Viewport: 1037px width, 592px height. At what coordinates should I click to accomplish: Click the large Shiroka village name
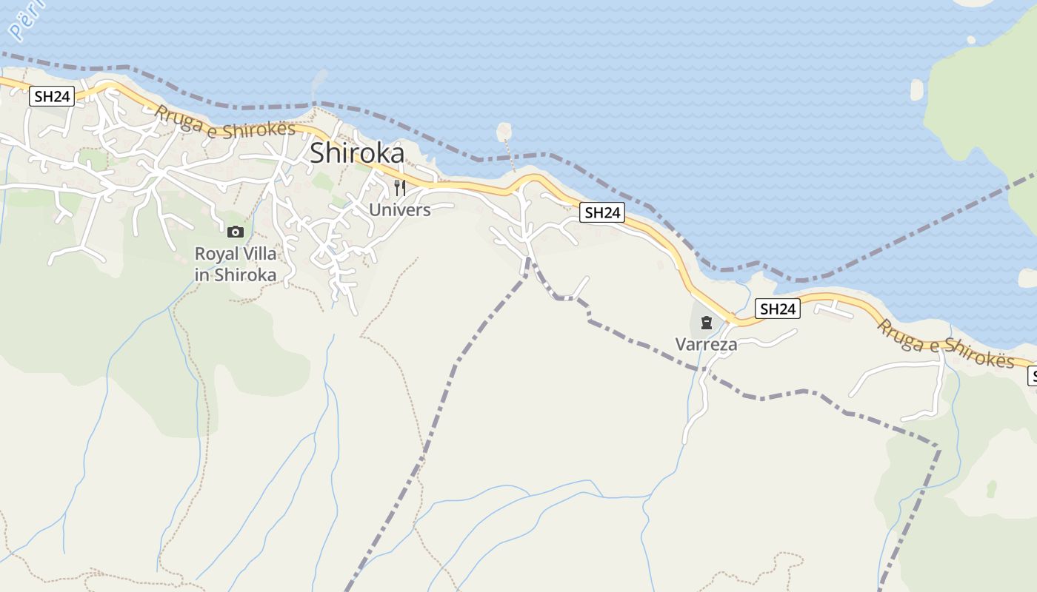(357, 153)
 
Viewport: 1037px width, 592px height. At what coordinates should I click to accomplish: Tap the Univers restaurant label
(399, 209)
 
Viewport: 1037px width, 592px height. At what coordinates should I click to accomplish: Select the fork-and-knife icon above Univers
(399, 187)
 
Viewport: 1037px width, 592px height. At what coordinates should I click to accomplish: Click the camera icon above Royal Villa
(236, 232)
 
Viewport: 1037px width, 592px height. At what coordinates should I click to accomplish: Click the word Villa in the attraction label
(259, 254)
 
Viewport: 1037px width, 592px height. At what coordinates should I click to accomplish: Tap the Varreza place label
(706, 344)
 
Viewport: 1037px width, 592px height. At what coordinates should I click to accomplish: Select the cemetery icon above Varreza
(706, 323)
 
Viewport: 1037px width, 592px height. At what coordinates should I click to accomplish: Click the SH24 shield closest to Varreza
(778, 309)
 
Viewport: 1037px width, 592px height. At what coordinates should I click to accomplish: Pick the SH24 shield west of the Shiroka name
(52, 96)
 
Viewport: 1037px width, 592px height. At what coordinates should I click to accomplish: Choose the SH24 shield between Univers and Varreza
(601, 212)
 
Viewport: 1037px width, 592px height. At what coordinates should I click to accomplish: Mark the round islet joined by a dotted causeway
(504, 132)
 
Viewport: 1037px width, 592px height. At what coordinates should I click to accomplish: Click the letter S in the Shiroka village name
(318, 153)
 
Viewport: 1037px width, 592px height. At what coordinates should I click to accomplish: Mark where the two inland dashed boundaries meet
(528, 259)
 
